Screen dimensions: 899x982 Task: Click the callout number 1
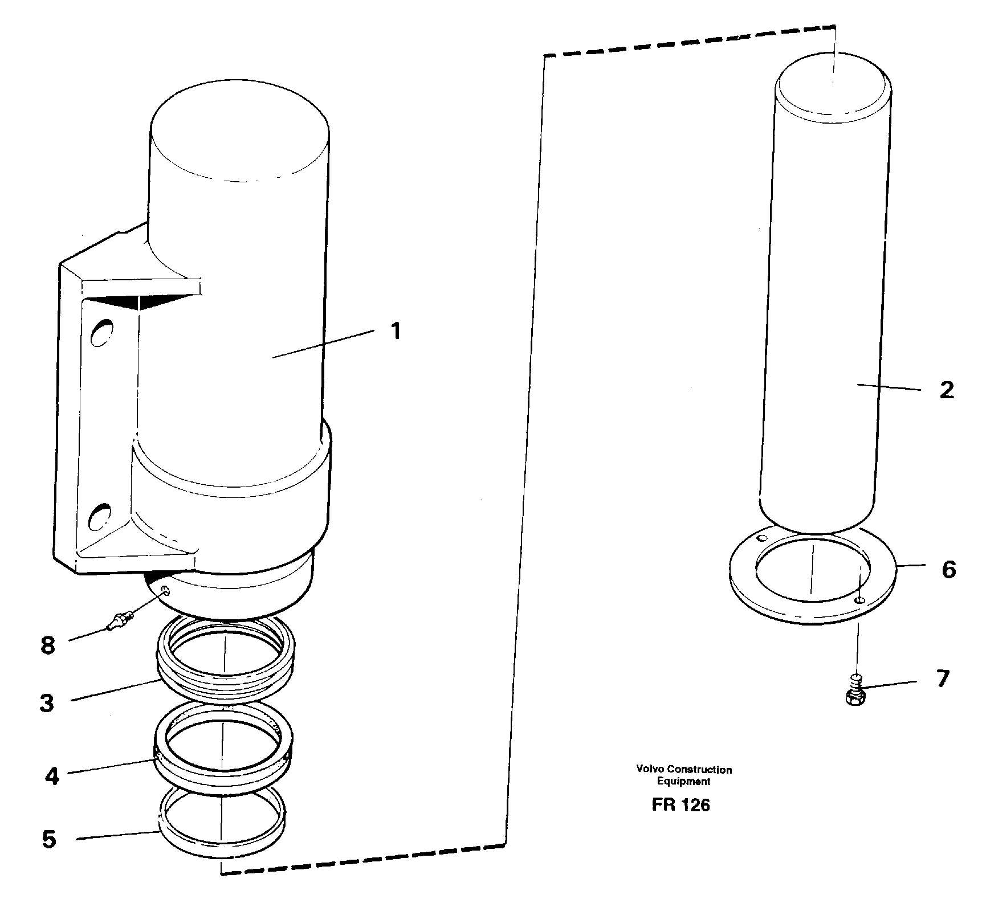[395, 331]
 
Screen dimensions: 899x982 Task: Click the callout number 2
[946, 391]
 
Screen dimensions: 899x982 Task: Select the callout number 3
[47, 703]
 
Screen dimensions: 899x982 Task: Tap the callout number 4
[52, 776]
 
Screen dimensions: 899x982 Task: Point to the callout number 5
[50, 839]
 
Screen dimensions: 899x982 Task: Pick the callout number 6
[948, 569]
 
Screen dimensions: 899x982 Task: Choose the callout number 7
[943, 679]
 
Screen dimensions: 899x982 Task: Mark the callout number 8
[48, 645]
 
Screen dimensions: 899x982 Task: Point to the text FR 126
[681, 805]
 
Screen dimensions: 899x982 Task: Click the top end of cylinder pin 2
[833, 84]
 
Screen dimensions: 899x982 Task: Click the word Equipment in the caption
[683, 782]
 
